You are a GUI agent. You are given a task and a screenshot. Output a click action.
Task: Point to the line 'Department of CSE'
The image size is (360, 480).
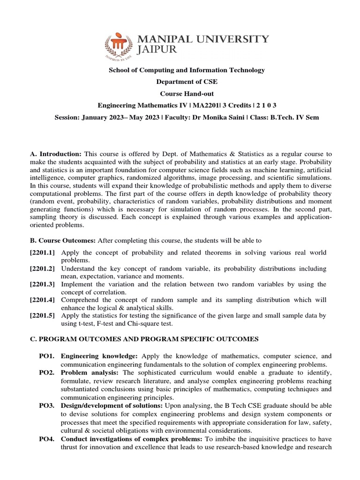click(x=187, y=82)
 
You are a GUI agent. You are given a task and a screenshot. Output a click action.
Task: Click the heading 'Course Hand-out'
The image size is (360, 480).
click(x=187, y=93)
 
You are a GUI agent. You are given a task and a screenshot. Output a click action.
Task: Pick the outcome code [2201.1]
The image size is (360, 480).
click(x=42, y=253)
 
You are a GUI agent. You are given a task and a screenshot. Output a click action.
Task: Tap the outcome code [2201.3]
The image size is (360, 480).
click(x=42, y=285)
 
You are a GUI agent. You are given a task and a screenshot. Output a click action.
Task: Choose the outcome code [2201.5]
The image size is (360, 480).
click(x=42, y=316)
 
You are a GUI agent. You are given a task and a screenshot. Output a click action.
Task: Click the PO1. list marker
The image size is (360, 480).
click(x=47, y=356)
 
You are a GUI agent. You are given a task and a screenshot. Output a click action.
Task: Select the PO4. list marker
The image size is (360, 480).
click(x=47, y=439)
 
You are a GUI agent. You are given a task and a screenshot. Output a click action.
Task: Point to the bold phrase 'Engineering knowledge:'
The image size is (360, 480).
click(x=99, y=356)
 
